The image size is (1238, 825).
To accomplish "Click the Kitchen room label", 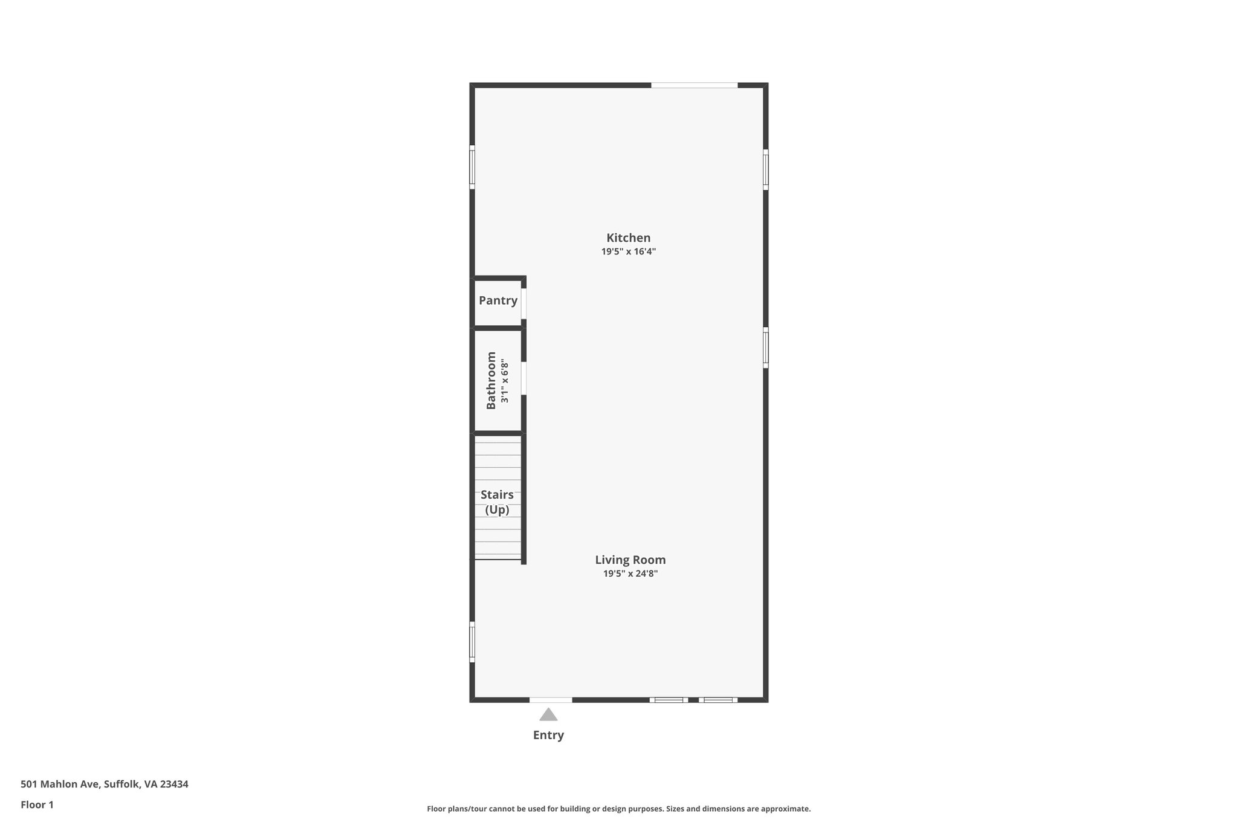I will [x=628, y=238].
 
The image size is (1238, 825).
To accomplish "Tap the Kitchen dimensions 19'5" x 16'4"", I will [x=628, y=252].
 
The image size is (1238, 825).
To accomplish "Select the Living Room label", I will [x=630, y=560].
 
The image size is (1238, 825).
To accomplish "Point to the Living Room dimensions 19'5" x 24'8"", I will [x=630, y=574].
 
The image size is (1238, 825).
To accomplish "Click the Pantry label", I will [x=498, y=300].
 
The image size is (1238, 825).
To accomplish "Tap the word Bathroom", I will [x=491, y=380].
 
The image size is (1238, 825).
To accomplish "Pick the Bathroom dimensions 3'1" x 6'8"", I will [x=505, y=382].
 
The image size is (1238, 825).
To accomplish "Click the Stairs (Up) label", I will [x=497, y=502].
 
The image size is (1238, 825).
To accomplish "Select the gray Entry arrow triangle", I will [x=548, y=715].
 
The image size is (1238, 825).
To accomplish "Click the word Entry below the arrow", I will [x=548, y=735].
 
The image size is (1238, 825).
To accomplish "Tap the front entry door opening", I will [x=551, y=700].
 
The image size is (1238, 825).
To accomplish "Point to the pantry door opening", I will [x=524, y=303].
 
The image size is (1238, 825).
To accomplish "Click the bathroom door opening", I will [x=524, y=378].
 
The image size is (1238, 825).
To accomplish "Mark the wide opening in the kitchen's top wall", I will [x=694, y=85].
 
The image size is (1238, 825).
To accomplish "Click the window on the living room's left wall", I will [x=472, y=641].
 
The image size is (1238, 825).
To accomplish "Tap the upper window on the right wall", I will [x=765, y=170].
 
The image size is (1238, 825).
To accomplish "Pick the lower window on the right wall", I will [x=765, y=348].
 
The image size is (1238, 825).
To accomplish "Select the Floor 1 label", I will [x=37, y=804].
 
